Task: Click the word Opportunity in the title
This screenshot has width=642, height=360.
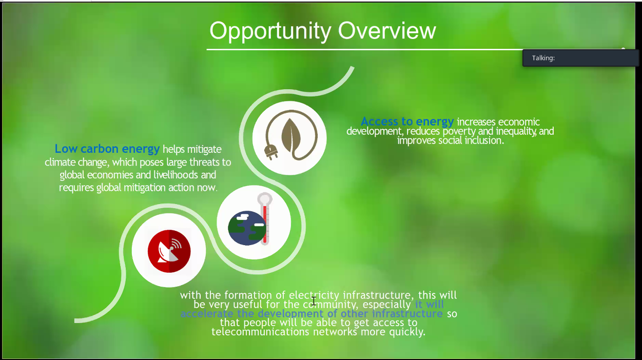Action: pos(270,31)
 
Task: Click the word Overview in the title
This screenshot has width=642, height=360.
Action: pos(387,30)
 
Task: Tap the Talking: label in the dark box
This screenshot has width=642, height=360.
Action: pos(543,58)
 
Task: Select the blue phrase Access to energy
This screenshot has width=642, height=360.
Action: pos(407,122)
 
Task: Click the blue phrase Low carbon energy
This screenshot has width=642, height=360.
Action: pos(107,149)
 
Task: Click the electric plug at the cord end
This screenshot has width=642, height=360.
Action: pos(271,151)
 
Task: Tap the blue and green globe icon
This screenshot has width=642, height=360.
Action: pos(247,228)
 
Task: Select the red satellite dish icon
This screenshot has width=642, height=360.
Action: pos(169,251)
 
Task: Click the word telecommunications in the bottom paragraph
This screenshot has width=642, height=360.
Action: pos(260,332)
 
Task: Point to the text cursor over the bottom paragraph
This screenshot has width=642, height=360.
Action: pos(314,301)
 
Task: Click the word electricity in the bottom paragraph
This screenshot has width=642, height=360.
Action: pos(314,295)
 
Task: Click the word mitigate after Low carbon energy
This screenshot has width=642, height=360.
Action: pos(204,150)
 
